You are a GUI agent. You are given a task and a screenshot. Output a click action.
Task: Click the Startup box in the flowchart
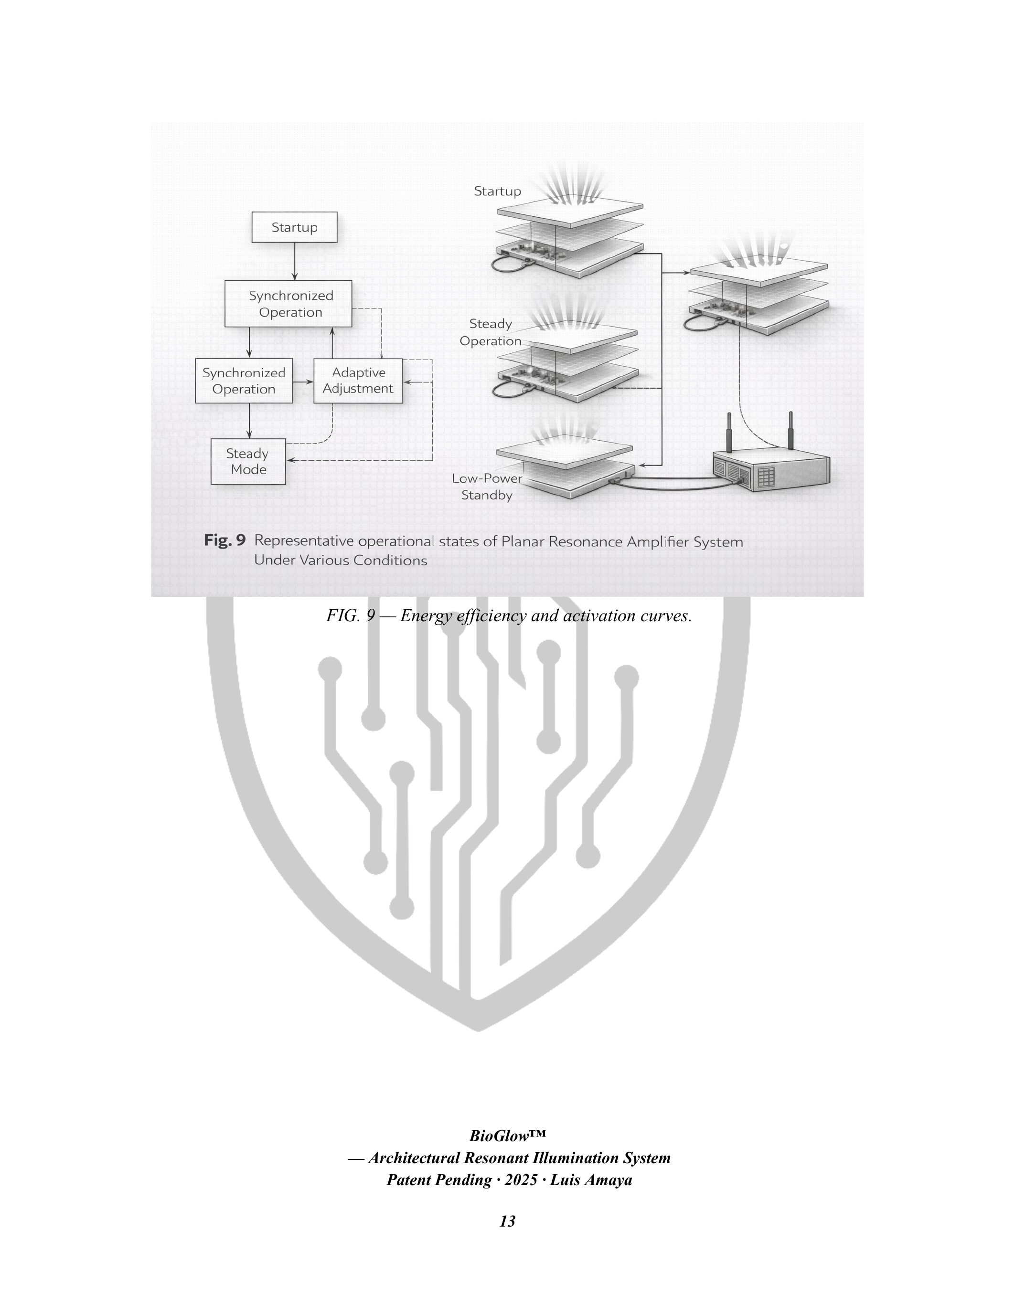click(294, 227)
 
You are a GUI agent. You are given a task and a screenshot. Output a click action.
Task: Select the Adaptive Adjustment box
click(358, 381)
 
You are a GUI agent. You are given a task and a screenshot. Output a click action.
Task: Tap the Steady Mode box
click(248, 462)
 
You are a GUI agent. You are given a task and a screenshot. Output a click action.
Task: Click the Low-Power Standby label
click(487, 487)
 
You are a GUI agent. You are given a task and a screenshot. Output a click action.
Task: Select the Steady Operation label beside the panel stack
click(490, 332)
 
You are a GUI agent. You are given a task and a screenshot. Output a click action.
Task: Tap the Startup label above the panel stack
click(497, 191)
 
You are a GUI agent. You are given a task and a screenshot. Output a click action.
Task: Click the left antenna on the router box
click(729, 432)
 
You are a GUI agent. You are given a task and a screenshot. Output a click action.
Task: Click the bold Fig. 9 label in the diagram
click(224, 540)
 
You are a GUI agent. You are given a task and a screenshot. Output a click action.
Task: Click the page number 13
click(507, 1221)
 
